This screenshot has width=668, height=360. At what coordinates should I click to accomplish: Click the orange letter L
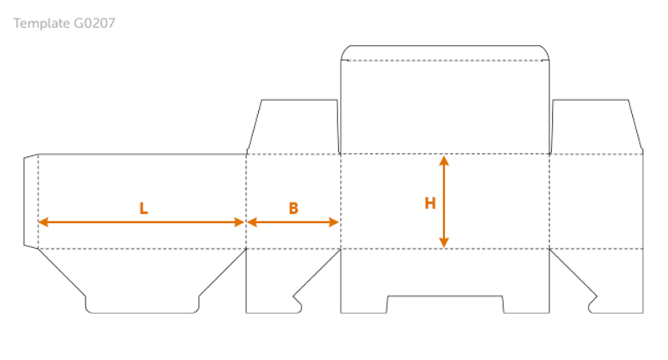point(144,209)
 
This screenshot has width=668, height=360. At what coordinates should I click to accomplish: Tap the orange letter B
point(293,209)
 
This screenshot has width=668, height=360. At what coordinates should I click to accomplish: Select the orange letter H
point(430,203)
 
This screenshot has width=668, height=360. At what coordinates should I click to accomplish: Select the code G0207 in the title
point(94,23)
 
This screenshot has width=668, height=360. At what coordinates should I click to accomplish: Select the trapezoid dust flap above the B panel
point(295,127)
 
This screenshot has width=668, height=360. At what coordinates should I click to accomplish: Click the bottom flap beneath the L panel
point(142,280)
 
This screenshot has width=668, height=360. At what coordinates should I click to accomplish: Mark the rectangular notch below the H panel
point(444,305)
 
